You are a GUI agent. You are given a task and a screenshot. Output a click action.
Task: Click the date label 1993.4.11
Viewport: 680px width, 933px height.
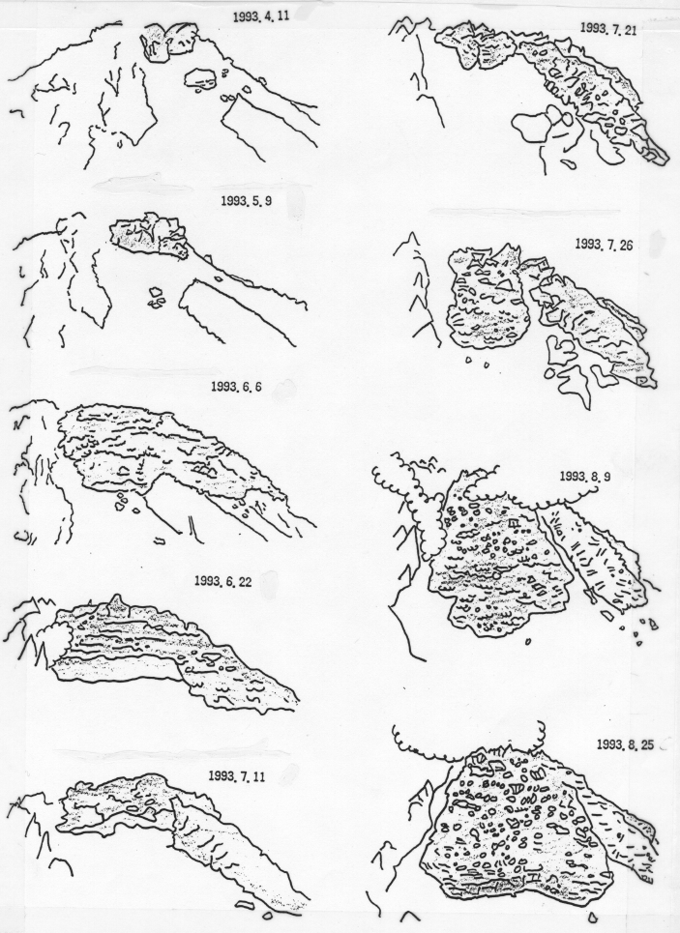(x=261, y=16)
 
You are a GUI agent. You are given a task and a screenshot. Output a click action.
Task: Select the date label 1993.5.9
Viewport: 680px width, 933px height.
(x=246, y=201)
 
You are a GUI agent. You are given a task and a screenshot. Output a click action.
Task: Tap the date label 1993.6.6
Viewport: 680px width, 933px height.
(x=236, y=387)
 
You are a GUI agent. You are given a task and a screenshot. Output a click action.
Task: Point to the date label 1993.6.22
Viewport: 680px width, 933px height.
(x=222, y=581)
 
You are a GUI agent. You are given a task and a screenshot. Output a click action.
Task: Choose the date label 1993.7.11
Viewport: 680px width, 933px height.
(x=237, y=776)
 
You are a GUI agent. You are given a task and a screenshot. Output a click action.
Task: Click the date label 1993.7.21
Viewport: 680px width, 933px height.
(x=608, y=30)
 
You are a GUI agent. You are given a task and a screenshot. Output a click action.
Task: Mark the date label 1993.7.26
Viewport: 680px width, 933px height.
(x=604, y=244)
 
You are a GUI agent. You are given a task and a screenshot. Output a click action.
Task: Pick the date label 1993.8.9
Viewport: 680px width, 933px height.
(x=586, y=477)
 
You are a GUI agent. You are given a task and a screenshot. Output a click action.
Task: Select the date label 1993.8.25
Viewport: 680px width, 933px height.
(x=624, y=744)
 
